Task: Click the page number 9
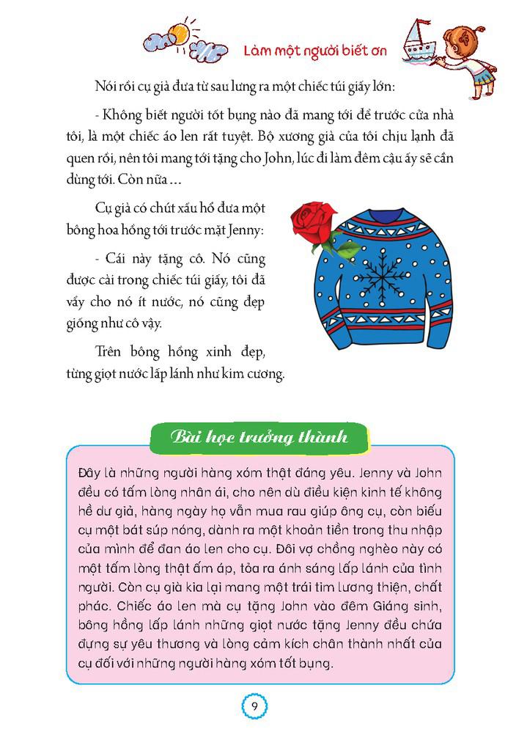click(x=253, y=706)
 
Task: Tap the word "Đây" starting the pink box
click(x=89, y=472)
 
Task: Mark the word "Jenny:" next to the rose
click(x=248, y=230)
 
